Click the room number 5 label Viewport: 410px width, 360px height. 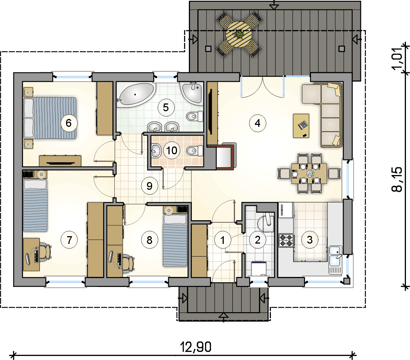coord(166,108)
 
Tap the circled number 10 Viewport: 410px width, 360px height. coord(172,151)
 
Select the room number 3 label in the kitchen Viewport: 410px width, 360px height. coord(309,240)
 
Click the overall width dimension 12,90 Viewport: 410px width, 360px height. coord(196,347)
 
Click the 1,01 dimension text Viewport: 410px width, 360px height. coord(397,59)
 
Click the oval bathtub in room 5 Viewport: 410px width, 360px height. coord(136,95)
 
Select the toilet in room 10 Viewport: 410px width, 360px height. coord(195,151)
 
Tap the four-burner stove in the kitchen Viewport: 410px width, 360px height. coord(286,240)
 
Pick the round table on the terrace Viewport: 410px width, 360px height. coord(239,34)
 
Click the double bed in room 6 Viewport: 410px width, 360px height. coord(50,118)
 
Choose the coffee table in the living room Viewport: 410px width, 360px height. coord(301,126)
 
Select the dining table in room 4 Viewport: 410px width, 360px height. coord(309,174)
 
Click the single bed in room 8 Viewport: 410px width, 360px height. coord(175,241)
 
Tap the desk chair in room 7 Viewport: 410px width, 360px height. coord(46,252)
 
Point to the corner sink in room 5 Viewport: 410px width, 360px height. coord(193,93)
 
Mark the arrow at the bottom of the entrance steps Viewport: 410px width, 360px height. coord(223,316)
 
